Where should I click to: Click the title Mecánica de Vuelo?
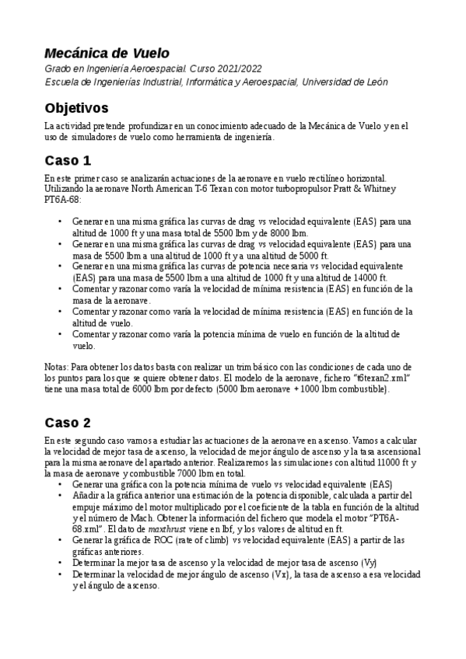coord(107,54)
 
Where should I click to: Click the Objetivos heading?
coord(76,106)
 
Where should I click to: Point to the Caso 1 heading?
coord(68,161)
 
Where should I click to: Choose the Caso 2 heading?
coord(68,423)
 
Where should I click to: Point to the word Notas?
coord(57,365)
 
